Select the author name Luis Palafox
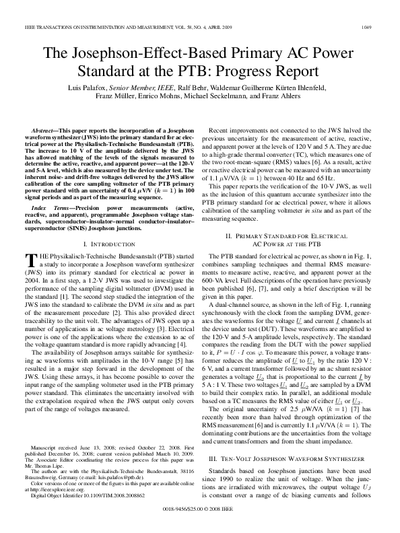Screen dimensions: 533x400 point(86,87)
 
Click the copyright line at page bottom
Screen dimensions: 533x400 point(200,509)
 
